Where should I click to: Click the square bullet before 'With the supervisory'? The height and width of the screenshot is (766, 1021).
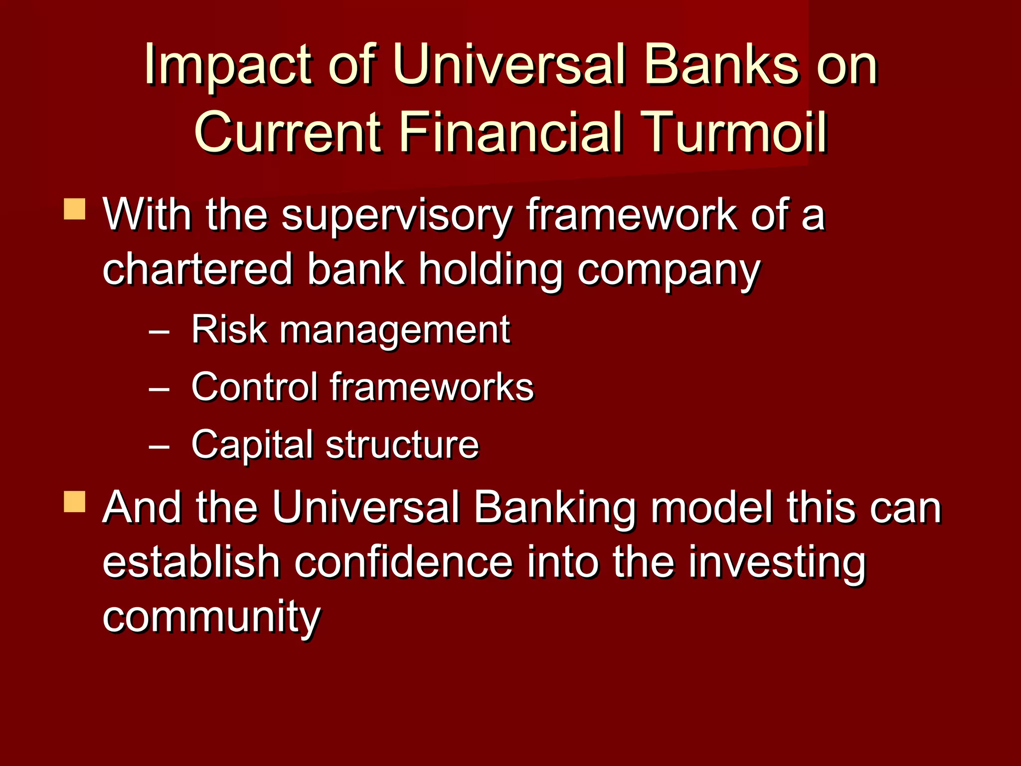click(x=75, y=209)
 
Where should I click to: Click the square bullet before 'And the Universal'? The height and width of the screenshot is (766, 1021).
click(x=75, y=502)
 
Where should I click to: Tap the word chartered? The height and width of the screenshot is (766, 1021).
click(x=197, y=269)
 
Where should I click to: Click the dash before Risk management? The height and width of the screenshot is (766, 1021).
click(x=159, y=332)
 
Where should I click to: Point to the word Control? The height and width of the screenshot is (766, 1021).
click(x=254, y=386)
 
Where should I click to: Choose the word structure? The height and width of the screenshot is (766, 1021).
click(x=402, y=444)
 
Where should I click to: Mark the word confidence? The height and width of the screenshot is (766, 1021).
click(x=403, y=562)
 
